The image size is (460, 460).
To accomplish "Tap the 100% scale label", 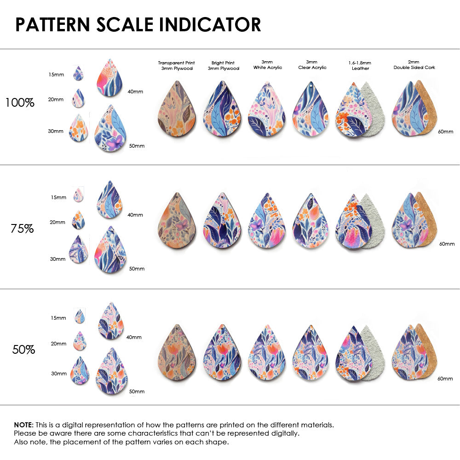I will pos(20,103).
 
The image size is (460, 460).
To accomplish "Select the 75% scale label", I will pos(22,228).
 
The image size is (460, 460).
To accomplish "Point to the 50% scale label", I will pos(23,350).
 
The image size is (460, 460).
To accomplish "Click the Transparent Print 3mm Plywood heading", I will pos(176,65).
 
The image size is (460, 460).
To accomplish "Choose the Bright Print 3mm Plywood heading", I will pos(223,65).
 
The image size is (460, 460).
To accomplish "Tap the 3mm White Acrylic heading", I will pos(267,64).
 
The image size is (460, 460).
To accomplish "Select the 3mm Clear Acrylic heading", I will pos(312,64).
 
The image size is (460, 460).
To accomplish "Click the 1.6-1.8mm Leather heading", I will pos(360,65).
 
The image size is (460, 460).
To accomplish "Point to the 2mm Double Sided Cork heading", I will pos(414,64).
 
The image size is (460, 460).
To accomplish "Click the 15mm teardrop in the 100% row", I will pos(78,74).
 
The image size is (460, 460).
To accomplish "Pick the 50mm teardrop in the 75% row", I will pos(110,250).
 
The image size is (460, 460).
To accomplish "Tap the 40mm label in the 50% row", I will pos(134,337).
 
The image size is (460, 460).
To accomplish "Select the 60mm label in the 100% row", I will pos(445,132).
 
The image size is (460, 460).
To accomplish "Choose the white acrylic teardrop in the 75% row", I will pos(267,221).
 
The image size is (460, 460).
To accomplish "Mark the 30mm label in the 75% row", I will pos(57,259).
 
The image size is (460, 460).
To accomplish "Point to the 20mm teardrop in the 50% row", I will pos(80,341).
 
